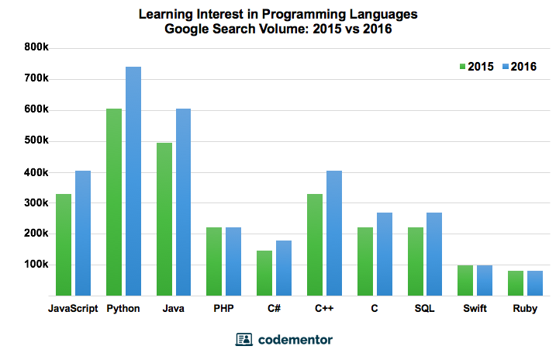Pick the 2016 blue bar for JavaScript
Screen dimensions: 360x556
[83, 233]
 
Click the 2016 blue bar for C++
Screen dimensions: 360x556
[333, 233]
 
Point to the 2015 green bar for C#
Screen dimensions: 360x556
[264, 273]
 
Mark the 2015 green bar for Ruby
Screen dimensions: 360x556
[515, 283]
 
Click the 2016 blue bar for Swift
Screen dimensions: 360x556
[485, 280]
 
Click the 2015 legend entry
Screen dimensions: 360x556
[476, 66]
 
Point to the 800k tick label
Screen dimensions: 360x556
[36, 47]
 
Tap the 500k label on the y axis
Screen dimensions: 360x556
[36, 140]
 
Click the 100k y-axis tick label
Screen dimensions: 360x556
[36, 265]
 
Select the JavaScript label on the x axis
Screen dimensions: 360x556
[73, 309]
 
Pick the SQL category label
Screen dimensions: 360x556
[424, 309]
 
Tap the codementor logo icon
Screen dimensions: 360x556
[243, 340]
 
